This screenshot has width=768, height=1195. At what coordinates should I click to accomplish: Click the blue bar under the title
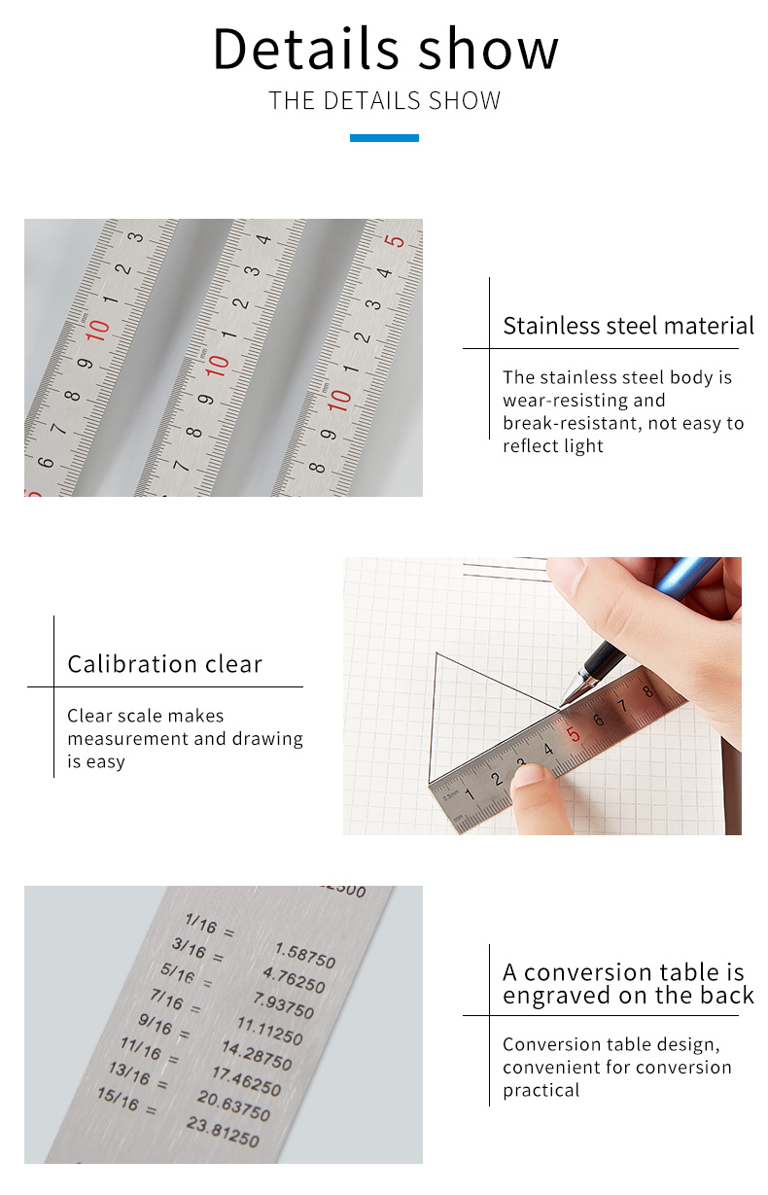pos(384,138)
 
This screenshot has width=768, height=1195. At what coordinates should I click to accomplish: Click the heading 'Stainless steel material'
pos(628,326)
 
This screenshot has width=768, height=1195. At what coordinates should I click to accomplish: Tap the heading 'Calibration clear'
pos(165,664)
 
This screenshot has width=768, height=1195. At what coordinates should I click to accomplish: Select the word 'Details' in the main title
pos(306,49)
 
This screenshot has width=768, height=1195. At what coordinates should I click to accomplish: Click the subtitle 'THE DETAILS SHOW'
pos(385,101)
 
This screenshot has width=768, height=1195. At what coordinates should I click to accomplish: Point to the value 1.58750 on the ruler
pos(305,956)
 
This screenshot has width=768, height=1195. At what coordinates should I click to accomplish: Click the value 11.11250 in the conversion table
pos(270,1030)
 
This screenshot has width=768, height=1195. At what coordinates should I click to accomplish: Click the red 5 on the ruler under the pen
pos(573,735)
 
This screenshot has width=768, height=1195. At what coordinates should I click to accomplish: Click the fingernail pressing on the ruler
pos(528,777)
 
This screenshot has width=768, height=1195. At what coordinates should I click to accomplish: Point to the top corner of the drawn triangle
pos(436,652)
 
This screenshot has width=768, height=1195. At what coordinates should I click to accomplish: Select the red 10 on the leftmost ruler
pos(97,331)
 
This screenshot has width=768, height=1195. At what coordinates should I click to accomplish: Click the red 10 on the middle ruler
pos(217,366)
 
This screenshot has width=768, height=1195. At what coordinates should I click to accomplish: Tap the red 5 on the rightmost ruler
pos(396,240)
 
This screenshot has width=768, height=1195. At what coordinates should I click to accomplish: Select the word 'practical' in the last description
pos(541,1090)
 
